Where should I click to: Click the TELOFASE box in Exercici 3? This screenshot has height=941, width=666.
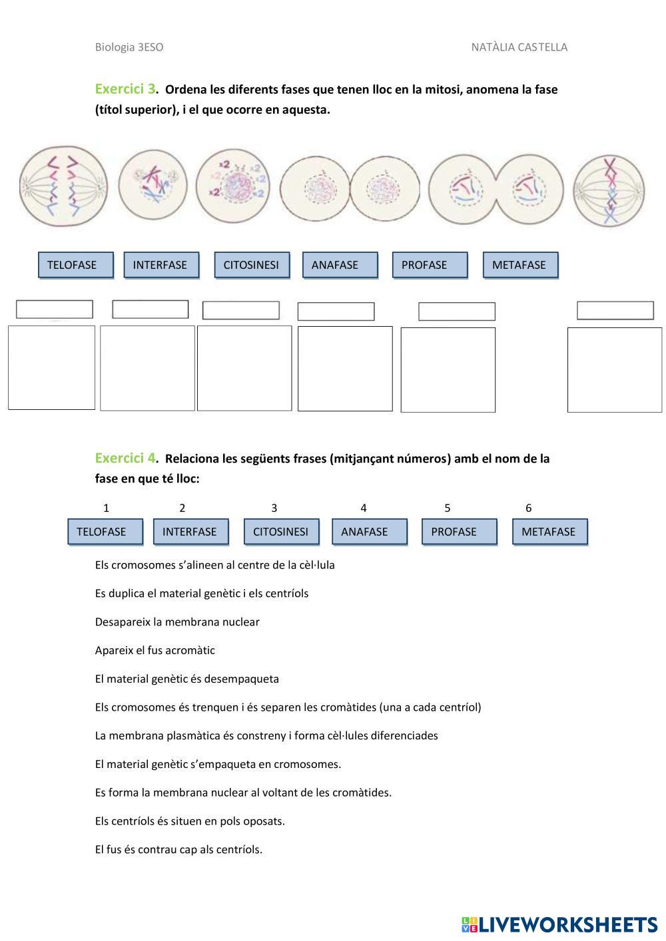75,265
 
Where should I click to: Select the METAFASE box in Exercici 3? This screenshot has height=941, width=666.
520,265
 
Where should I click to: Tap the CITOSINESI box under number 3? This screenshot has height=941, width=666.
280,532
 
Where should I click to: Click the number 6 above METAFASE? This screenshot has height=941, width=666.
529,508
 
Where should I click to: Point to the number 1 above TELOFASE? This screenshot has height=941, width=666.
106,508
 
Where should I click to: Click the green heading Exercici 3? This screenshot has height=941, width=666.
125,89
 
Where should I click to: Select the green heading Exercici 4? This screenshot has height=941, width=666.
125,458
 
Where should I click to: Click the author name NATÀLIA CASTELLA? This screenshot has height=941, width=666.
519,47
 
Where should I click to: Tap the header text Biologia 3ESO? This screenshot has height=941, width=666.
129,47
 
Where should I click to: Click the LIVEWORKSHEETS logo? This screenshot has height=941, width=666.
559,924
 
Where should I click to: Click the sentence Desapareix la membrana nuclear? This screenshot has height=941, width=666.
177,622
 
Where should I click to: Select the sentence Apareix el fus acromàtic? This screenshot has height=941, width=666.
155,650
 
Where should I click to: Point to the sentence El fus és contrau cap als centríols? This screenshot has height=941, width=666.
178,849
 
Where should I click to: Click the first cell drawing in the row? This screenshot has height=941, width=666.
63,186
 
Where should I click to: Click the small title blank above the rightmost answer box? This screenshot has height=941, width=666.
615,311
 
